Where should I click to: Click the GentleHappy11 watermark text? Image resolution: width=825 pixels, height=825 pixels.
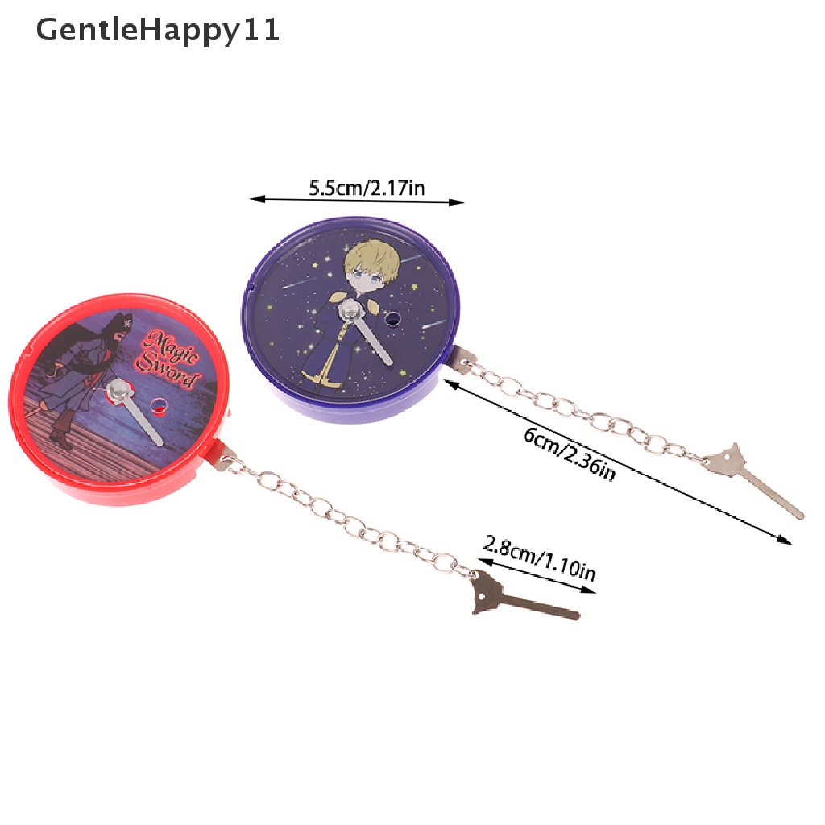tap(158, 30)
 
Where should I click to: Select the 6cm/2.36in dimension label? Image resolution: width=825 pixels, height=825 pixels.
tap(569, 454)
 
